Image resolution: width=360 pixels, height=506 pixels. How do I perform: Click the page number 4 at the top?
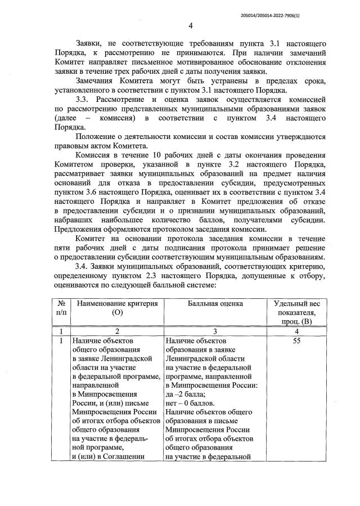pos(191,25)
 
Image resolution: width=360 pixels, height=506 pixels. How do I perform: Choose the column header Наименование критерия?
pos(117,304)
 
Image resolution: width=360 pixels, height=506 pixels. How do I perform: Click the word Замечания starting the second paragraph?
pos(96,80)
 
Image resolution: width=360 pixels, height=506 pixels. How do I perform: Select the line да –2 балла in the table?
pos(188,394)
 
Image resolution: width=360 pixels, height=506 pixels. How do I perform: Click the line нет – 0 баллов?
pos(190,403)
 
